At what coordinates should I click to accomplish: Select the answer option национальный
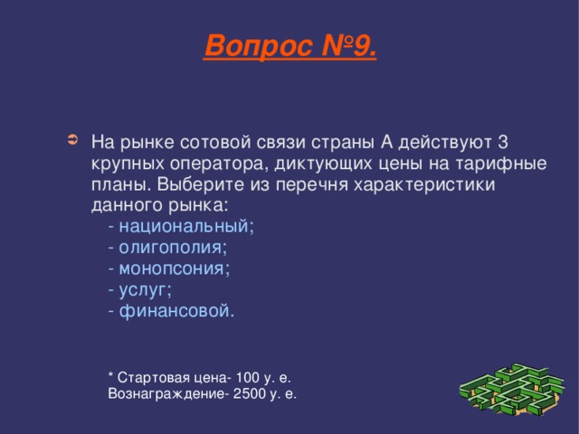click(x=185, y=226)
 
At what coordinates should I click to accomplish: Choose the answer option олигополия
click(x=172, y=247)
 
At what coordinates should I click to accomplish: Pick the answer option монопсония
click(x=174, y=269)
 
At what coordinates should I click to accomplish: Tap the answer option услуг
click(x=145, y=289)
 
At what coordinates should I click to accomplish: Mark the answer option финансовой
click(x=176, y=311)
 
